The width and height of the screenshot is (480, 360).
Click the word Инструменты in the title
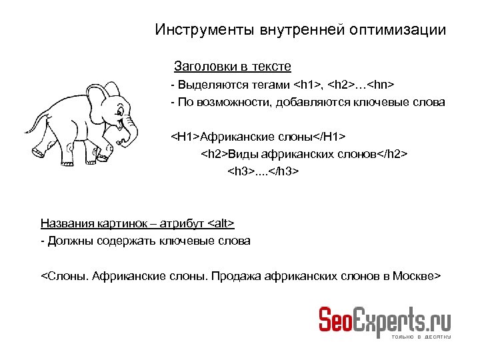click(x=195, y=30)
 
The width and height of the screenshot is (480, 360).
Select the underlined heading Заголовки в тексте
click(x=232, y=67)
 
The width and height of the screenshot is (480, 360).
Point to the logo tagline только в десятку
click(x=421, y=337)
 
